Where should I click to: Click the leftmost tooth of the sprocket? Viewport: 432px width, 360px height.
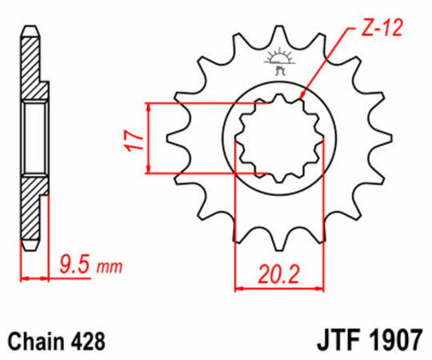(x=174, y=142)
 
